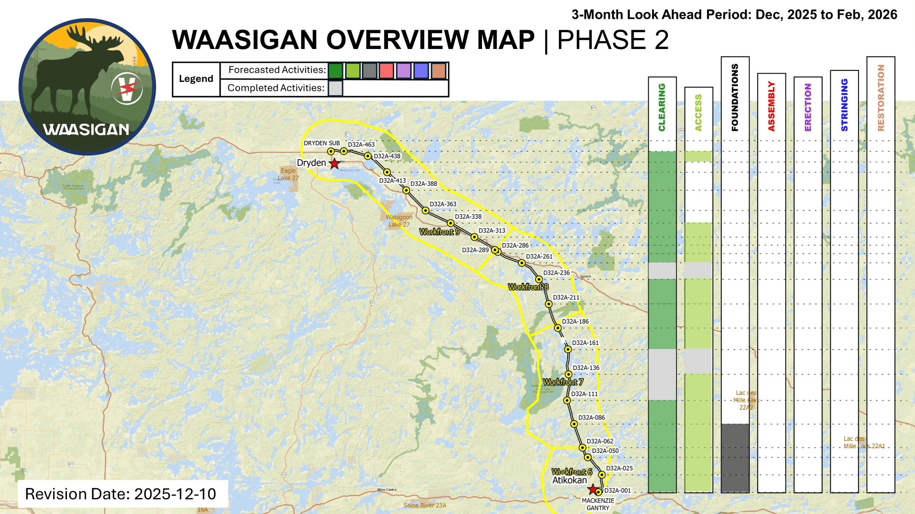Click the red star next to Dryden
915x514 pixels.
pos(334,163)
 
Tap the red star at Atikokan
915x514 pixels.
pos(593,489)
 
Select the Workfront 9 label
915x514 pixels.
pos(439,232)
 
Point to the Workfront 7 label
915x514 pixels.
pos(563,382)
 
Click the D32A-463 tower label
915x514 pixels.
pos(361,144)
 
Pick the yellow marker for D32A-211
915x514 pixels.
pos(548,304)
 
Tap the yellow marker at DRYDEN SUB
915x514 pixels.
pos(331,151)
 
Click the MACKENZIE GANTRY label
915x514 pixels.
pos(598,504)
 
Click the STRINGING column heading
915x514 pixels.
pos(844,105)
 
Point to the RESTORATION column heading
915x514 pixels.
pos(881,98)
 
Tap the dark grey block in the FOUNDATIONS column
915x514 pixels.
pos(735,458)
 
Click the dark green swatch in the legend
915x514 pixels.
pos(335,71)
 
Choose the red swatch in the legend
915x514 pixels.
pos(386,71)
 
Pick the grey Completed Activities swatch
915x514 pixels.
pos(335,88)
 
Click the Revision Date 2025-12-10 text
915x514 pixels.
pos(121,494)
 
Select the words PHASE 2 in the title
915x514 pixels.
pos(613,40)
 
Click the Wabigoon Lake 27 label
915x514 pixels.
pos(399,220)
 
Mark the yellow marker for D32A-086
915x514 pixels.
pos(574,424)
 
